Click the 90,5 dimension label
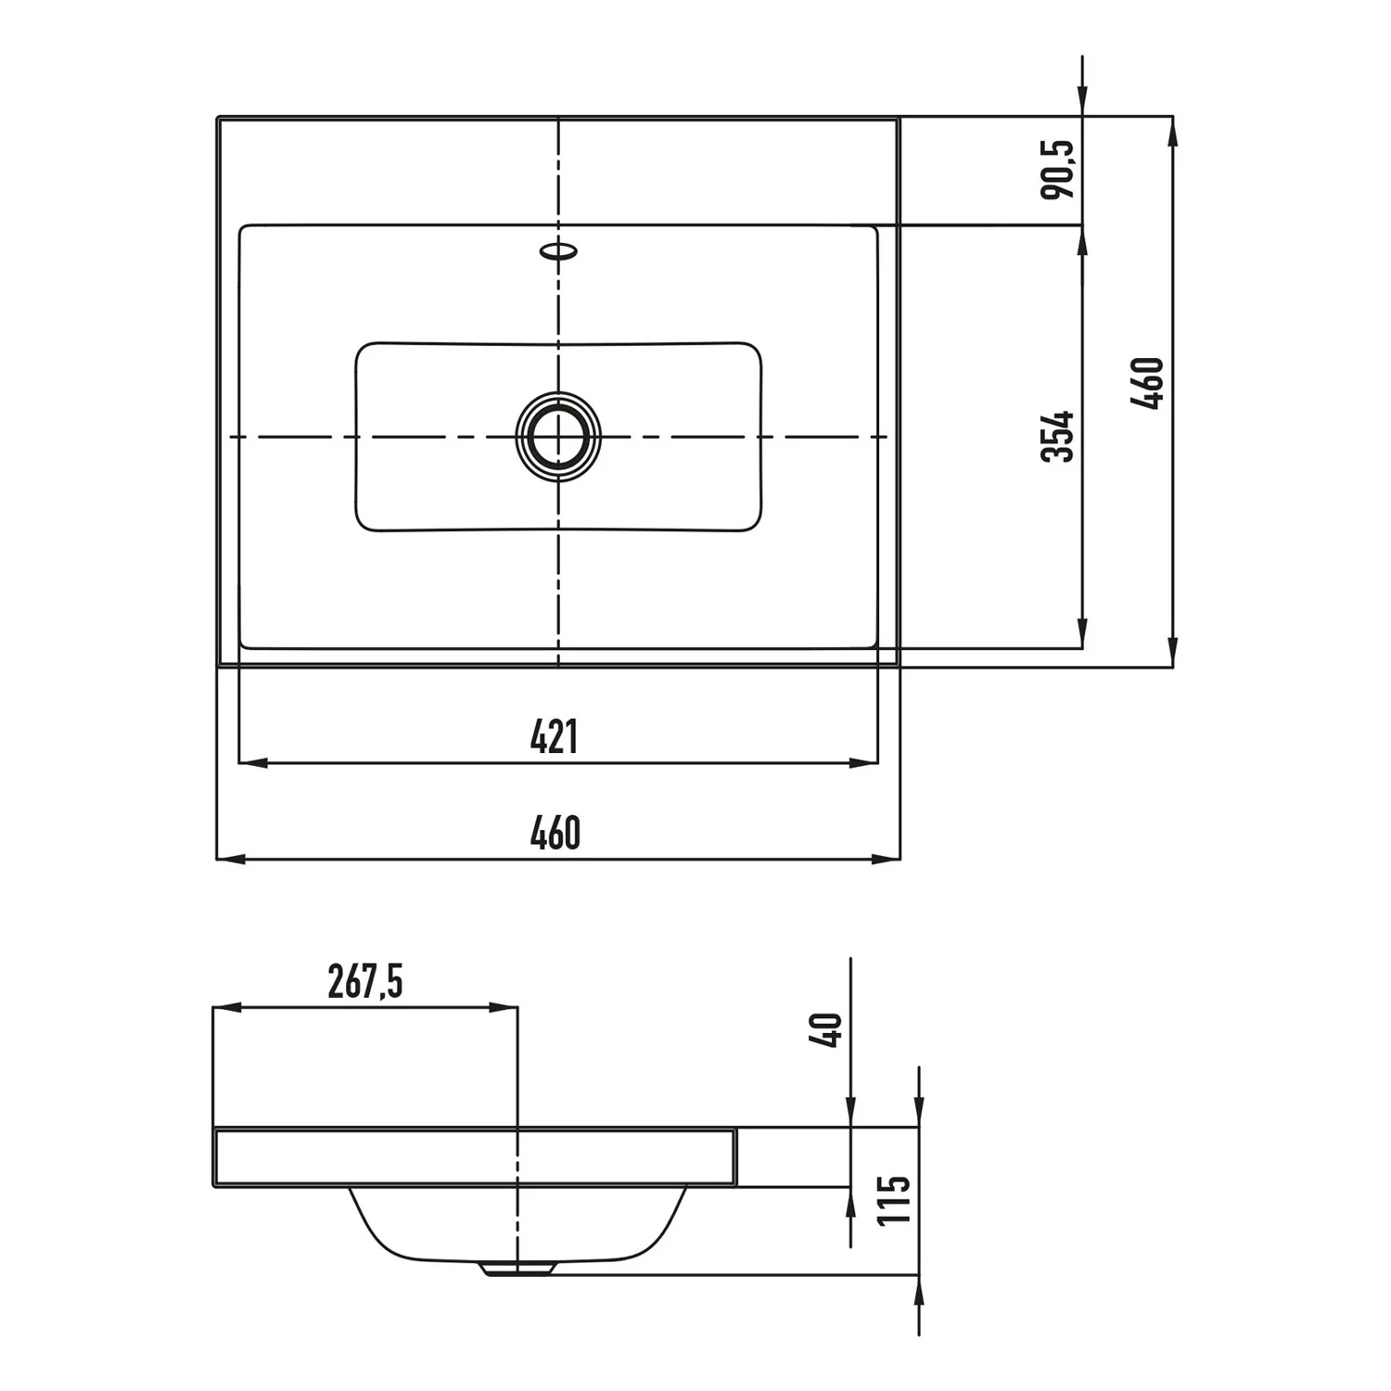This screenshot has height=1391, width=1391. pyautogui.click(x=1057, y=169)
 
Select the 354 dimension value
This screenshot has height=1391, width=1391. pyautogui.click(x=1057, y=436)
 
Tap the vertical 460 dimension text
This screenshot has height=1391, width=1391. pyautogui.click(x=1147, y=383)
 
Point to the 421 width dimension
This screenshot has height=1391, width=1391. pyautogui.click(x=555, y=737)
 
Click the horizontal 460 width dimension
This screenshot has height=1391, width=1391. pyautogui.click(x=555, y=833)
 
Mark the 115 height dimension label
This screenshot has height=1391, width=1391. pyautogui.click(x=895, y=1199)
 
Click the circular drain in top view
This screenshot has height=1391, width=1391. pyautogui.click(x=558, y=436)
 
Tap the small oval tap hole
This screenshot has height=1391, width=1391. pyautogui.click(x=559, y=250)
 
